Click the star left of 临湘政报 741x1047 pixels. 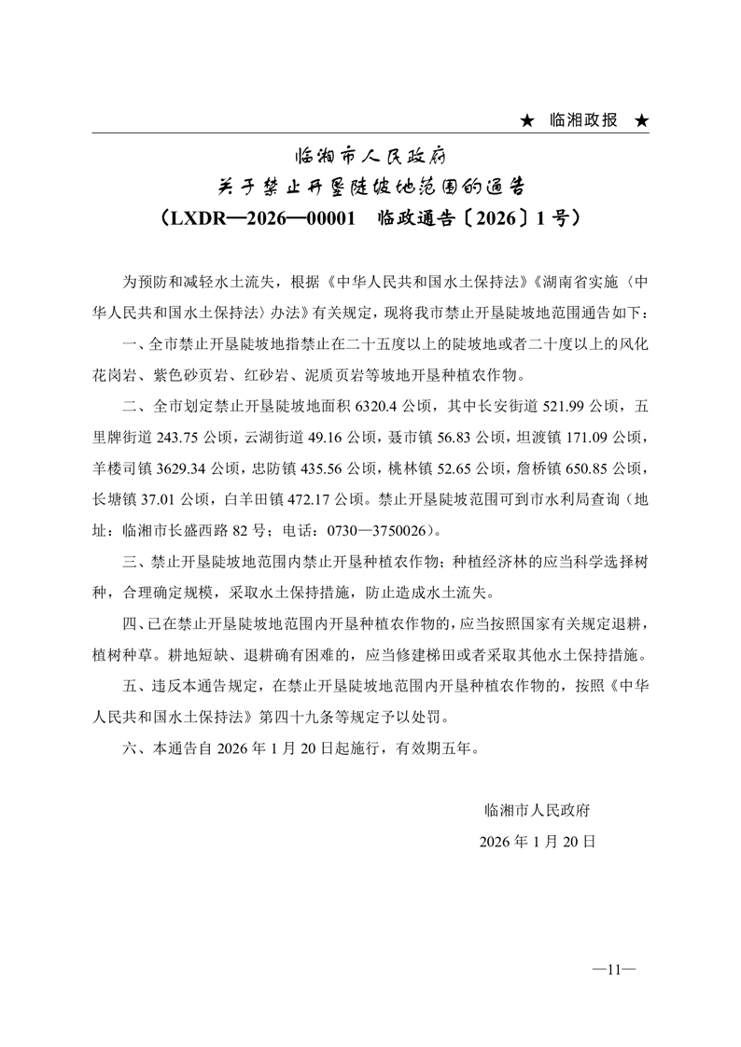tap(527, 121)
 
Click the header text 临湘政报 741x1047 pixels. tap(583, 121)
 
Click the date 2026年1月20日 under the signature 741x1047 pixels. tap(537, 840)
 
